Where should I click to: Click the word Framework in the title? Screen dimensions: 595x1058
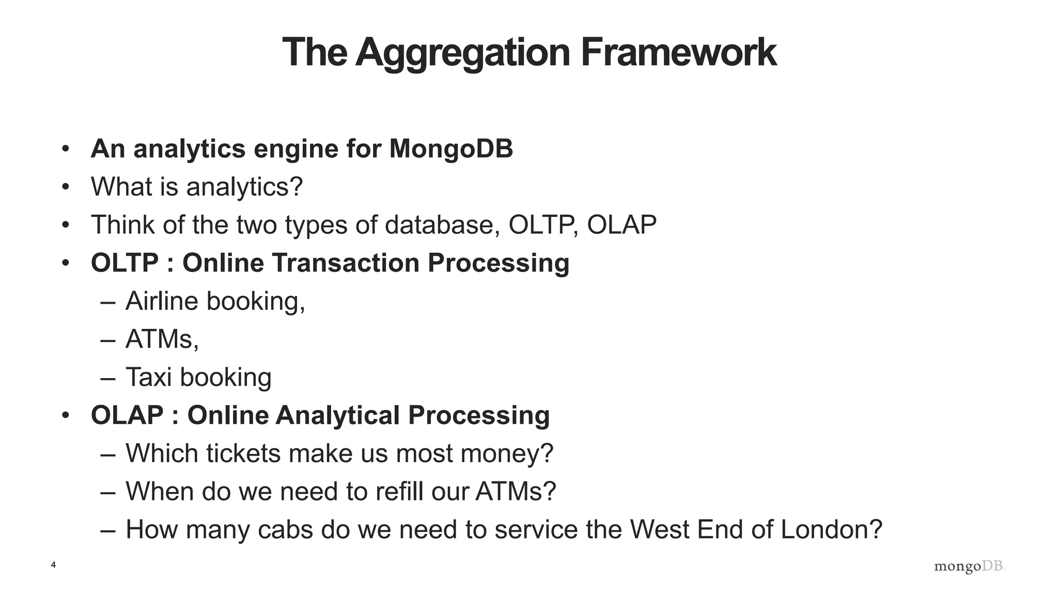(x=678, y=52)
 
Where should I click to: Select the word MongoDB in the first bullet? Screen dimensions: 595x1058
(x=451, y=149)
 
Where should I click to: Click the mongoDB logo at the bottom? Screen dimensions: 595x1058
(x=970, y=566)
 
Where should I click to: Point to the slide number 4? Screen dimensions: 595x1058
(x=53, y=565)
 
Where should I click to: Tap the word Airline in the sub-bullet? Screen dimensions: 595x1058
(x=162, y=301)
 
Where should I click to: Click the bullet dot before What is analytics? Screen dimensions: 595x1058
(x=65, y=187)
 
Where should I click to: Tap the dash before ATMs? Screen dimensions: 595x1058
(x=107, y=340)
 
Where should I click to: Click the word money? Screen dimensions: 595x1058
(x=507, y=453)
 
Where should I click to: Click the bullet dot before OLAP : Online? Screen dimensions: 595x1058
(x=65, y=415)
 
